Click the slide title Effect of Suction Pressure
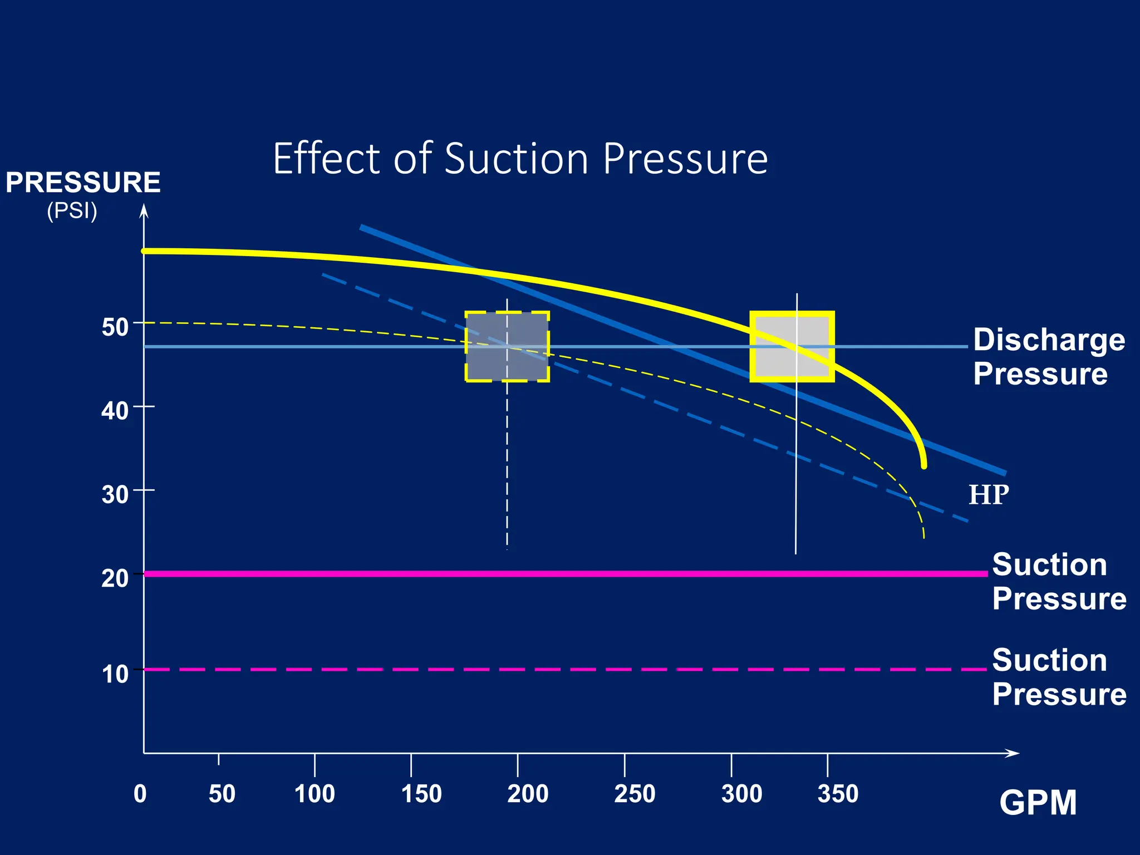520,159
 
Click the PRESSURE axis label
83,183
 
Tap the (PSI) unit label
72,211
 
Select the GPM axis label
1038,803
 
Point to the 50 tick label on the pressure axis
115,327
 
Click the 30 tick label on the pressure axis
115,494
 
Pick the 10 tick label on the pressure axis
115,674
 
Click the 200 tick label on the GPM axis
527,794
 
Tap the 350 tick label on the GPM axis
837,794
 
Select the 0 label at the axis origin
140,794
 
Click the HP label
989,495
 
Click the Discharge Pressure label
1049,356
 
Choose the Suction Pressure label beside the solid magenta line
1059,582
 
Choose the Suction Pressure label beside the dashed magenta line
1059,677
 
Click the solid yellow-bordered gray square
792,346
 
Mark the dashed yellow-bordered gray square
507,346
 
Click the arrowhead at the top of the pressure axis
144,210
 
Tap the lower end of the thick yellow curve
924,465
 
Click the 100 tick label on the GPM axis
315,794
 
